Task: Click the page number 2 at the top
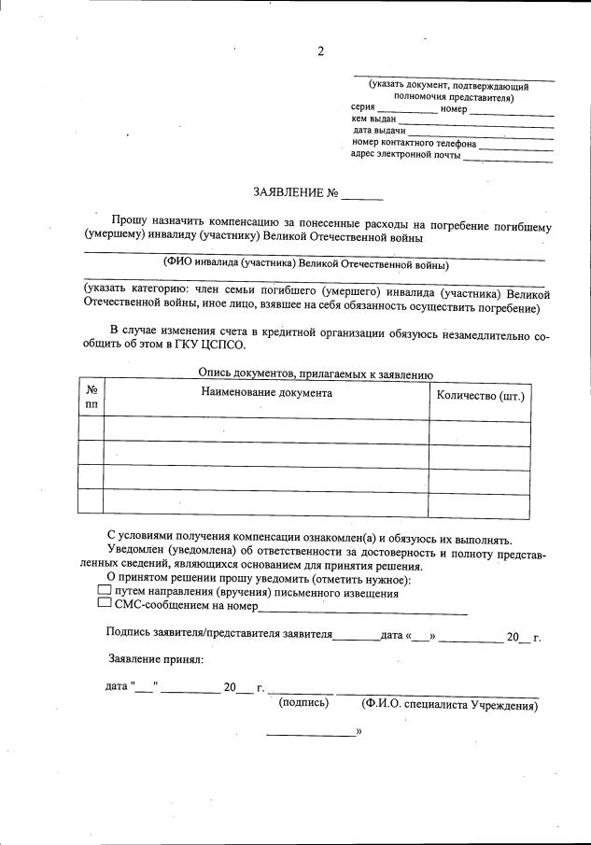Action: coord(320,51)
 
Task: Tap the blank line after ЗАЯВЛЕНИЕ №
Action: coord(362,198)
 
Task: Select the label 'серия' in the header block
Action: coord(363,109)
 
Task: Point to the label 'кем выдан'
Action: coord(373,120)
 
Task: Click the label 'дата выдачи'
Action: coord(378,132)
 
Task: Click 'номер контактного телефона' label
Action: coord(414,144)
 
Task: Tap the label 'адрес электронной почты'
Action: coord(405,155)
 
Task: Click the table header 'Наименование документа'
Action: coord(266,393)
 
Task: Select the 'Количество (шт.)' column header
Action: coord(480,395)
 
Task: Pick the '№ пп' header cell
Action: coord(91,398)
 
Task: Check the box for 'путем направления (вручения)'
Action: coord(104,592)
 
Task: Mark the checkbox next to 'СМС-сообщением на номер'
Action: coord(104,605)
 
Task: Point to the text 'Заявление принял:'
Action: coord(155,660)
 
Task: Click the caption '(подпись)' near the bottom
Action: coord(304,703)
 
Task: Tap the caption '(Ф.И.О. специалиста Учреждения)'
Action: coord(449,705)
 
